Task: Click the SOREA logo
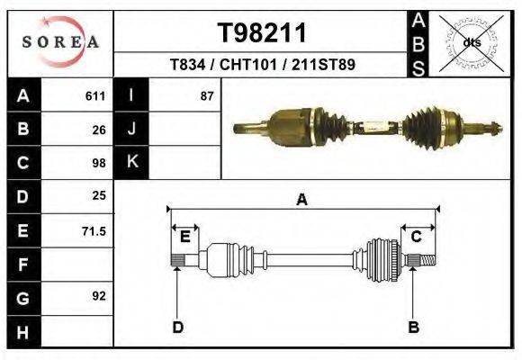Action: tap(60, 42)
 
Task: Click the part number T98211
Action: tap(263, 33)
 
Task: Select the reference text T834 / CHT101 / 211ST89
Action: tap(263, 66)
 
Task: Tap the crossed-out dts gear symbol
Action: tap(472, 42)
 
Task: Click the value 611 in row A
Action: tap(95, 96)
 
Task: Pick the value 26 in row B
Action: tap(99, 130)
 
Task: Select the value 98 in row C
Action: tap(99, 163)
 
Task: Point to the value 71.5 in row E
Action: tap(94, 231)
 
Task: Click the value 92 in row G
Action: tap(99, 295)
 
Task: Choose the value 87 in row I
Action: tap(207, 96)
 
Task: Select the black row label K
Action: tap(130, 162)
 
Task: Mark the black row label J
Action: tap(130, 129)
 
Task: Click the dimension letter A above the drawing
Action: tap(302, 200)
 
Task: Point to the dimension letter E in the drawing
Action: tap(184, 237)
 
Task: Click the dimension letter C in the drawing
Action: tap(417, 237)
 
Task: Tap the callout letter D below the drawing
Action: tap(177, 327)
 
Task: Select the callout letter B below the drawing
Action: tap(414, 327)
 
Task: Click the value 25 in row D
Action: tap(99, 195)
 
